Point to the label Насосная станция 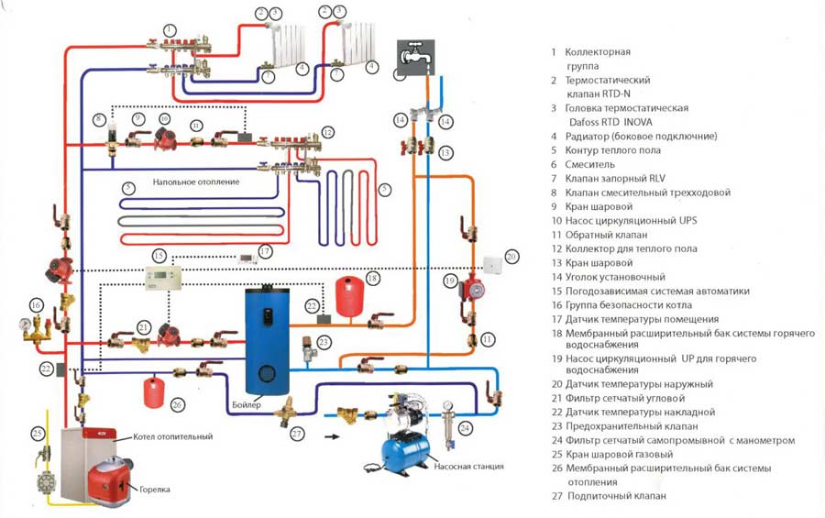(x=465, y=466)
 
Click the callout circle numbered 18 (x=371, y=277)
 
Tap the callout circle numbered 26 (x=178, y=404)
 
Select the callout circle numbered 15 (x=159, y=255)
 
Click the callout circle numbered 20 (x=511, y=256)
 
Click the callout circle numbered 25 (x=37, y=433)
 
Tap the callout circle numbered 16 (x=36, y=303)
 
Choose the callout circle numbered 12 (x=327, y=133)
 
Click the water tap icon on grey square (x=411, y=53)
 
